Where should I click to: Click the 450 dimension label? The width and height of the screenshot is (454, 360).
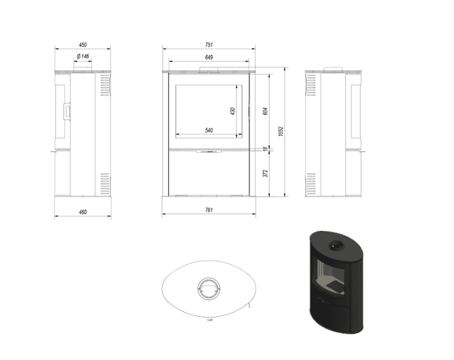pos(83,44)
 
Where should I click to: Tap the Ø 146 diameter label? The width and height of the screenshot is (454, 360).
pos(83,56)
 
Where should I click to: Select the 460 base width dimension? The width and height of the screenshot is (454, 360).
pos(83,212)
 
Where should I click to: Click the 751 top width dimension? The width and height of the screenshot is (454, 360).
pos(209,44)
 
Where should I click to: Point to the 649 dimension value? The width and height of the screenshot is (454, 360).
pos(209,57)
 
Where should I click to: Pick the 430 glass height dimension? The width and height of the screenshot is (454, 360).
pos(232,111)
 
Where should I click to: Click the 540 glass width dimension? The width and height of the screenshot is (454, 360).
pos(209,130)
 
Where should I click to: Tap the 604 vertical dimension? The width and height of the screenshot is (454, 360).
pos(265,111)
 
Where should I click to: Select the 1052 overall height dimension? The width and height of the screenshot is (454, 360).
pos(280,131)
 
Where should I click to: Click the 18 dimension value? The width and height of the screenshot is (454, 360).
pos(265,149)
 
